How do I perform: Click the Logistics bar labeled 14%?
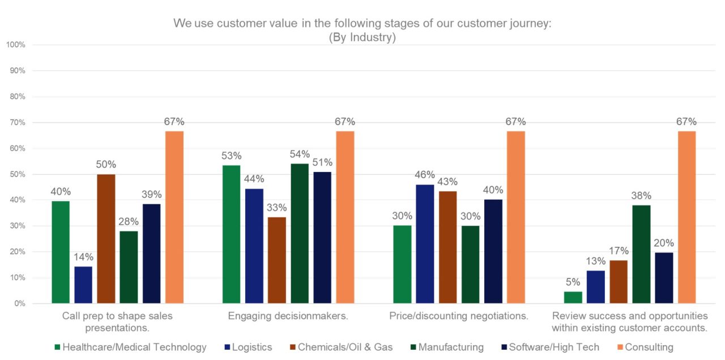(83, 285)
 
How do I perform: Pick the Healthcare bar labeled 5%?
(573, 297)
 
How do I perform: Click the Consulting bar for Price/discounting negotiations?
(515, 217)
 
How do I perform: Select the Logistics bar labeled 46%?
(425, 244)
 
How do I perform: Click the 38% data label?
(641, 196)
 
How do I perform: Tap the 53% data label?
(231, 156)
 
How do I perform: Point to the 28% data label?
(129, 221)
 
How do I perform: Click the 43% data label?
(447, 182)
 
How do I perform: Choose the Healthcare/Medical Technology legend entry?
(130, 347)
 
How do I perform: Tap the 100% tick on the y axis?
(15, 45)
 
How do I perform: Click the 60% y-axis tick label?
(17, 148)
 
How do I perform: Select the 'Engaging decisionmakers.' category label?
(288, 316)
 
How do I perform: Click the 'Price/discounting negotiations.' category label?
(459, 316)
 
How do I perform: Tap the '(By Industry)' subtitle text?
(362, 38)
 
